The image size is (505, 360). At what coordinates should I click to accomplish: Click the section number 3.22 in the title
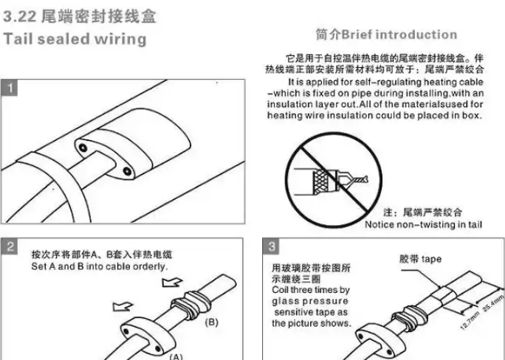point(20,16)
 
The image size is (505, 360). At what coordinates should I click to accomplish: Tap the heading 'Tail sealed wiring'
point(75,39)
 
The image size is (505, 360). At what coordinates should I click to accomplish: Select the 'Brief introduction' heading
point(399,35)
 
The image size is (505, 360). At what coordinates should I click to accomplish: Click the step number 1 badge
point(10,88)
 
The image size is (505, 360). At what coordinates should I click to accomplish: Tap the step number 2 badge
point(10,246)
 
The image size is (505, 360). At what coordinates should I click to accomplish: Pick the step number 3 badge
point(272,246)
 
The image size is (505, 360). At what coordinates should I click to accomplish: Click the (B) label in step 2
point(212,322)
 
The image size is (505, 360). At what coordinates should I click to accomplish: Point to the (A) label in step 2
point(176,356)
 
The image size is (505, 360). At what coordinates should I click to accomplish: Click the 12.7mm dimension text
point(470,320)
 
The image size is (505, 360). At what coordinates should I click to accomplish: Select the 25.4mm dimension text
point(493,302)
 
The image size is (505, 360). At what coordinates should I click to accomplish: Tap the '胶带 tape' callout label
point(420,259)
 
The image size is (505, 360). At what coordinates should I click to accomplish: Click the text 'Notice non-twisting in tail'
point(424,224)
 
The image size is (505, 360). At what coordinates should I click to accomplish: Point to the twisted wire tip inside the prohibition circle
point(360,179)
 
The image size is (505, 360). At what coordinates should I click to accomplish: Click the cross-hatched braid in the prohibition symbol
point(320,182)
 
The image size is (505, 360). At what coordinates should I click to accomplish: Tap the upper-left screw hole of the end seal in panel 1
point(83,148)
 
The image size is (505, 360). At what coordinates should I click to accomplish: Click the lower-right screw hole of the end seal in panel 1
point(127,171)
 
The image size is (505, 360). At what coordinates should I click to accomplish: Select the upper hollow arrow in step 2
point(172,282)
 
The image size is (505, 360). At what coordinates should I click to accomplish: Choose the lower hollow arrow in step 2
point(123,306)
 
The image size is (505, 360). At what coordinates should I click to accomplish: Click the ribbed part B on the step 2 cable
point(190,305)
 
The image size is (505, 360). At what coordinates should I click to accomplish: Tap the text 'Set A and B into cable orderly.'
point(100,266)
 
